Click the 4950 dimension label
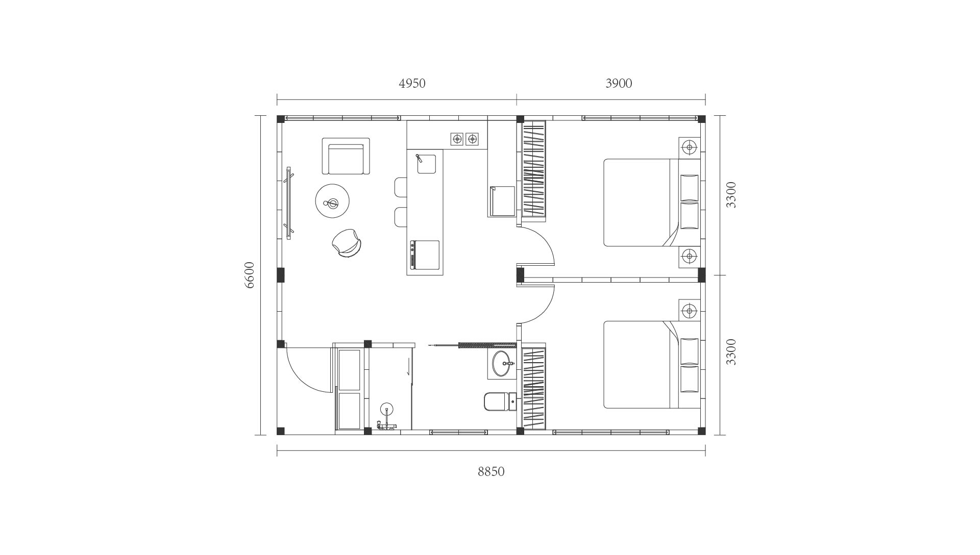pos(412,83)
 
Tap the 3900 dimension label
pos(619,83)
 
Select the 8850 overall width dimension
pos(491,471)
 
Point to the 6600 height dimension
pos(249,275)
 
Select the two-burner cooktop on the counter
pos(464,138)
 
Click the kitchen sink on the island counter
pos(427,164)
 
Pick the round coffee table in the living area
pos(332,201)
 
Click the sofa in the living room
pos(346,156)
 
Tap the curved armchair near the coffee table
pos(347,243)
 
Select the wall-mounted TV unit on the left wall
pos(289,203)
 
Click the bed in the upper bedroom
pos(652,203)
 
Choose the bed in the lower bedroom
pos(652,364)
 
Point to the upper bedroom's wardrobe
pos(534,169)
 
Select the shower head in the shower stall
pos(387,408)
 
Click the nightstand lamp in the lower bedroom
pos(690,310)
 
